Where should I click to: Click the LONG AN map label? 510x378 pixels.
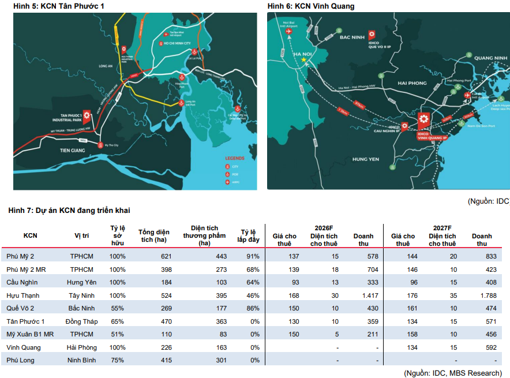(x=106, y=66)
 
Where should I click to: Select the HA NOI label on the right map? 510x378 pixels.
(x=303, y=55)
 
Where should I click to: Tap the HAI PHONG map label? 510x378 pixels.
(x=412, y=83)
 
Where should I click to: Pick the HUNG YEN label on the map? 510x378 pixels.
(x=365, y=159)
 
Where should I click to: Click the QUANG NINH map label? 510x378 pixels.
(x=490, y=58)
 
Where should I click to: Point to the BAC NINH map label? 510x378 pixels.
(x=352, y=37)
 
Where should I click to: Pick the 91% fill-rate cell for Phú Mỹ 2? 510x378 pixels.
(x=252, y=256)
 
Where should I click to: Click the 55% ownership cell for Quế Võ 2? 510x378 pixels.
(x=118, y=308)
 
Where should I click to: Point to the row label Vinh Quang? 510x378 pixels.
(x=23, y=347)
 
